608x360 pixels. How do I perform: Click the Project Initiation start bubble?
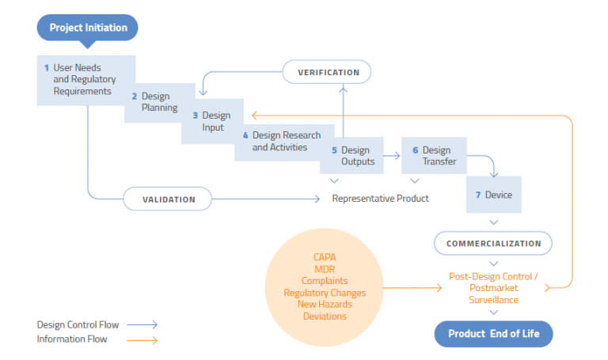point(88,28)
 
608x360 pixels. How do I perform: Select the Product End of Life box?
point(493,333)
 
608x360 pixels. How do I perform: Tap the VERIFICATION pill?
point(328,73)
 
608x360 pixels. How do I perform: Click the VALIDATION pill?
point(168,199)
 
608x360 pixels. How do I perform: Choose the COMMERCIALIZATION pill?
point(493,244)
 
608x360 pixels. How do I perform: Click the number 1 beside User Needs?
point(46,68)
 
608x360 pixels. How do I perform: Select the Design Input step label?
point(212,121)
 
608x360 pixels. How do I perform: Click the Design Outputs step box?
point(351,156)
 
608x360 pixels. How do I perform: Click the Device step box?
point(494,195)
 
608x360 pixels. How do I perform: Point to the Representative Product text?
point(380,199)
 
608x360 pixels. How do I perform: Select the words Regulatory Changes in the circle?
point(325,293)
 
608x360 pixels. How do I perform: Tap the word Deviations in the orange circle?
point(325,316)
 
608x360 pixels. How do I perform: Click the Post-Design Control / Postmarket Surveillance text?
point(493,288)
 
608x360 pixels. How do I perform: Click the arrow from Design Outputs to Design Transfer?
point(392,157)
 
